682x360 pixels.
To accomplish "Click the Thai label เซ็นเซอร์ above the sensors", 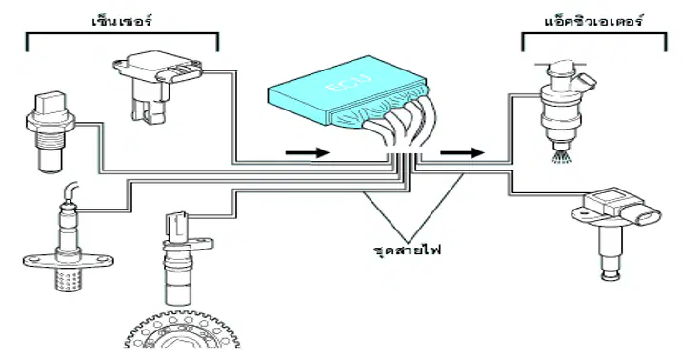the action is tap(122, 20).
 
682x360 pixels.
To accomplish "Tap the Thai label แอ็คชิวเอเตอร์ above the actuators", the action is tap(593, 21).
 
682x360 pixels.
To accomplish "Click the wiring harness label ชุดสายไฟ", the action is tap(407, 250).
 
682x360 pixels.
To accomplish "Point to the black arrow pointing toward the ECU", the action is tap(307, 152).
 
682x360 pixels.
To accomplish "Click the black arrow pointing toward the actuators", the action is tap(462, 152).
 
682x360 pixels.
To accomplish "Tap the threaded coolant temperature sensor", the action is tap(49, 130).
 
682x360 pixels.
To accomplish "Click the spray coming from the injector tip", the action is tap(561, 156).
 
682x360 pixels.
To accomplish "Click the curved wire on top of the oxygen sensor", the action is tap(70, 190).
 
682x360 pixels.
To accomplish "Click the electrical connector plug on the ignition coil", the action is tap(647, 215).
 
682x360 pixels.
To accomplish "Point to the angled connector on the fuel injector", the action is tap(584, 83).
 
